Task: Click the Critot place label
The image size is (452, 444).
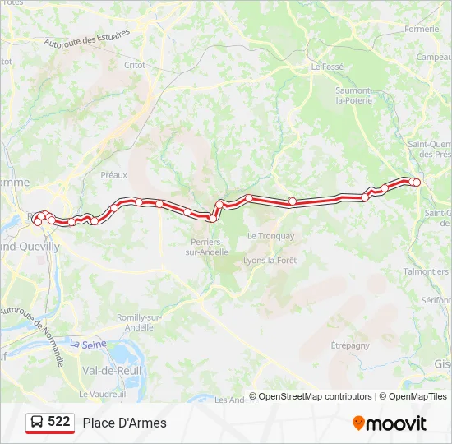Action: click(x=135, y=65)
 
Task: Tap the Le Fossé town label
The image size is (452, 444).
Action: click(x=326, y=67)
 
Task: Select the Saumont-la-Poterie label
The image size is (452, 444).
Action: click(x=354, y=95)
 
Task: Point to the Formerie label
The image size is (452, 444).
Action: click(x=422, y=29)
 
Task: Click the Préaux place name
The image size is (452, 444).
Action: click(x=113, y=175)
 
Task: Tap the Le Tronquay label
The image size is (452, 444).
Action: click(x=270, y=236)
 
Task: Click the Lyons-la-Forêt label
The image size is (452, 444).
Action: click(x=270, y=260)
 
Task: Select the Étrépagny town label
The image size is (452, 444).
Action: click(x=350, y=345)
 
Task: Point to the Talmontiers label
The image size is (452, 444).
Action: click(x=426, y=271)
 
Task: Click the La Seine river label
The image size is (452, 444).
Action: click(x=87, y=345)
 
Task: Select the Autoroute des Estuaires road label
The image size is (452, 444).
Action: click(x=86, y=37)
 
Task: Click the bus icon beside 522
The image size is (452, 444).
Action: click(x=37, y=423)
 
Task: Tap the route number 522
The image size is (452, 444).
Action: click(x=59, y=422)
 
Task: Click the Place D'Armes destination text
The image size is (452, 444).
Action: click(x=124, y=423)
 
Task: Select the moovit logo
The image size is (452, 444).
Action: click(x=390, y=423)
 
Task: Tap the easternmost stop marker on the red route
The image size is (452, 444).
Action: click(x=417, y=182)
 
